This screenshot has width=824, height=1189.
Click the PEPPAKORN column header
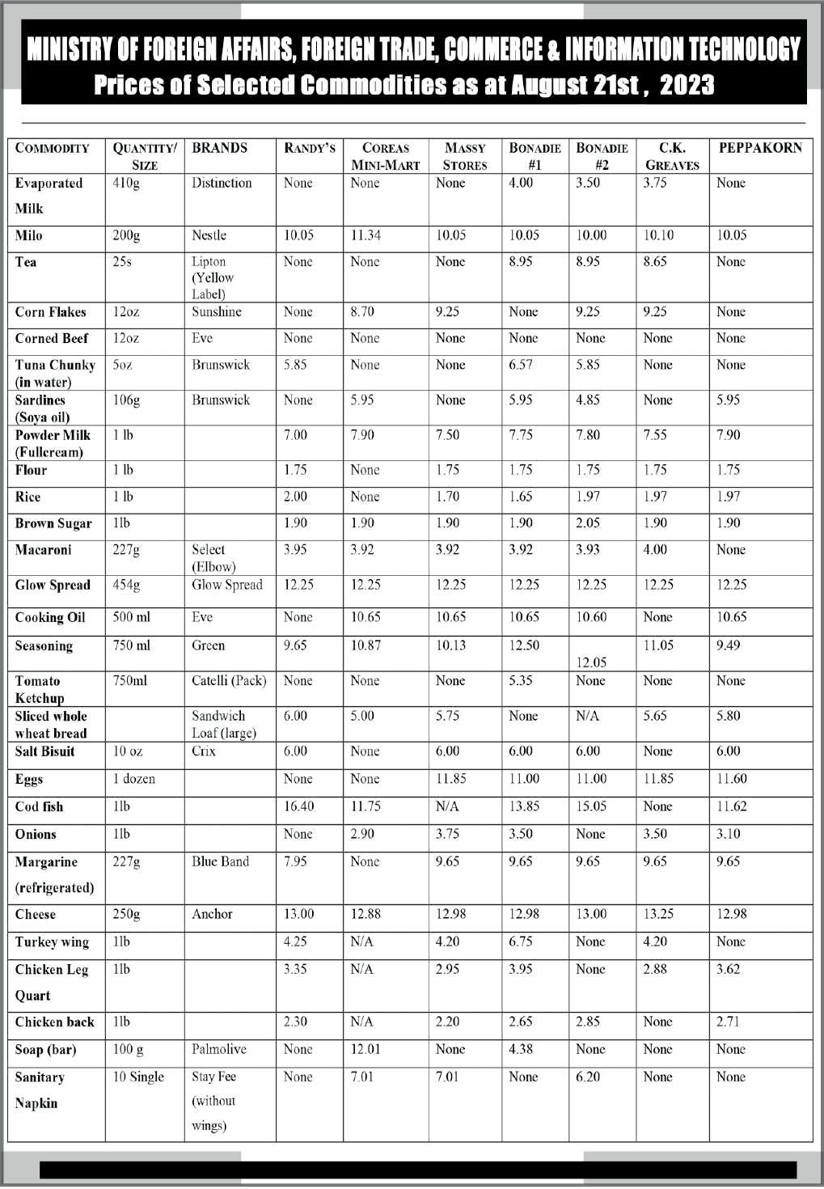click(760, 148)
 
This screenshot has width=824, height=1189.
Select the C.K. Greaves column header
click(672, 156)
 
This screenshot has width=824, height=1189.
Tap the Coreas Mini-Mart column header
click(385, 156)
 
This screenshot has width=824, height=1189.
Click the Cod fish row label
click(39, 807)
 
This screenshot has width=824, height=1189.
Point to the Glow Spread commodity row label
click(53, 586)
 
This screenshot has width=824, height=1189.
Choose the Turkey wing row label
click(52, 942)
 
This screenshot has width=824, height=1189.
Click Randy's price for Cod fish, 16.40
click(298, 806)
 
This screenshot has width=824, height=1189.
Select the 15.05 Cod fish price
click(591, 806)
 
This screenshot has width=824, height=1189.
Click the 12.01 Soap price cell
click(365, 1049)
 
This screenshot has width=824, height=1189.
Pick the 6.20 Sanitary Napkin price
click(588, 1077)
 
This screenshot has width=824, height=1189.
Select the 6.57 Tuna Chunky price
click(521, 365)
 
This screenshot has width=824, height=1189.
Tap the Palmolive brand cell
click(218, 1049)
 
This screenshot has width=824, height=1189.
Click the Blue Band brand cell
click(220, 861)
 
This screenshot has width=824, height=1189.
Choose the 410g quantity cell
click(126, 183)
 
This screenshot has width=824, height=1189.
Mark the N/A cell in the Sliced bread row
click(587, 716)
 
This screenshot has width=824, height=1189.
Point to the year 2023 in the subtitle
click(687, 85)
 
